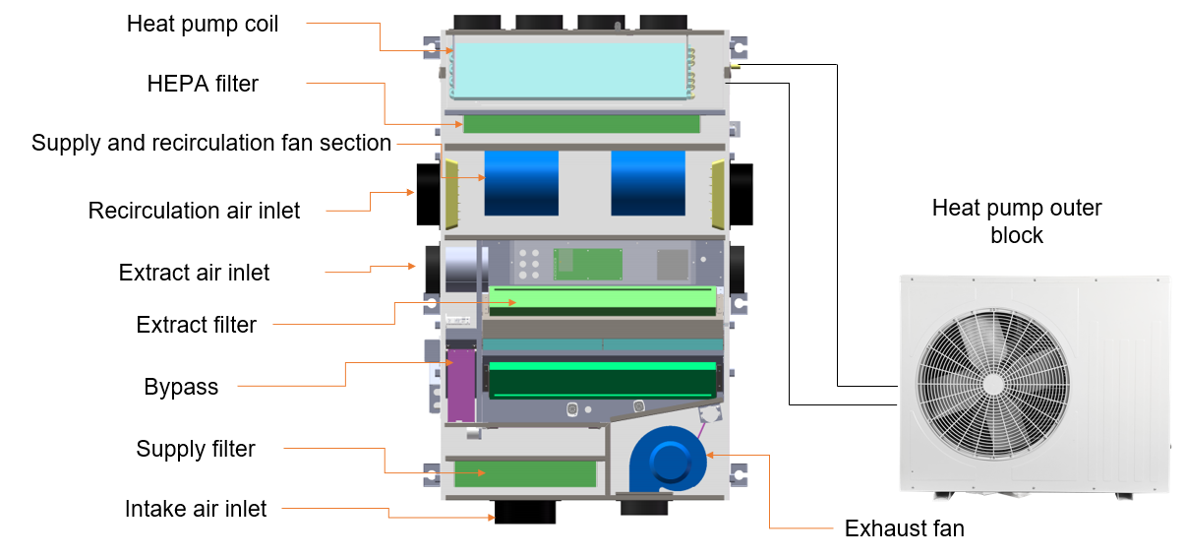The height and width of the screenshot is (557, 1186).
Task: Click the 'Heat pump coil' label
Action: point(203,24)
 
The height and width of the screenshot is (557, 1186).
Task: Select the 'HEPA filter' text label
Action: point(203,84)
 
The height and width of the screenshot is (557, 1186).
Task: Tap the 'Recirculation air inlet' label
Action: point(194,211)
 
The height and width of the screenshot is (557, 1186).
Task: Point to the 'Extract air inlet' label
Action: point(194,273)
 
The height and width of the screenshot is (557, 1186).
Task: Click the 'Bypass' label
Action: point(181,387)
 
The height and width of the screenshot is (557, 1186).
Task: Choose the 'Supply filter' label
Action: point(196,449)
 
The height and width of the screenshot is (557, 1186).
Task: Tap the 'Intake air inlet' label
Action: point(196,509)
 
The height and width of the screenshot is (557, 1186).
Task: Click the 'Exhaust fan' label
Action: point(904,528)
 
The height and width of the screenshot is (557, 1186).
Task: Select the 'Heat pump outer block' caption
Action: point(1017,221)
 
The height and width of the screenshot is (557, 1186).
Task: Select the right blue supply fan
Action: point(647,182)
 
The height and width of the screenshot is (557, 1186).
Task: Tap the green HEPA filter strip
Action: point(581,124)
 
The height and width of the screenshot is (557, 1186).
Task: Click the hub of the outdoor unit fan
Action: point(993,383)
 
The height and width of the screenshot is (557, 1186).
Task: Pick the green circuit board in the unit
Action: point(588,262)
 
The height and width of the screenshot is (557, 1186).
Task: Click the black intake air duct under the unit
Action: point(524,512)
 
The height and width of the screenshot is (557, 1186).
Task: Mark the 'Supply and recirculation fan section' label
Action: point(211,143)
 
